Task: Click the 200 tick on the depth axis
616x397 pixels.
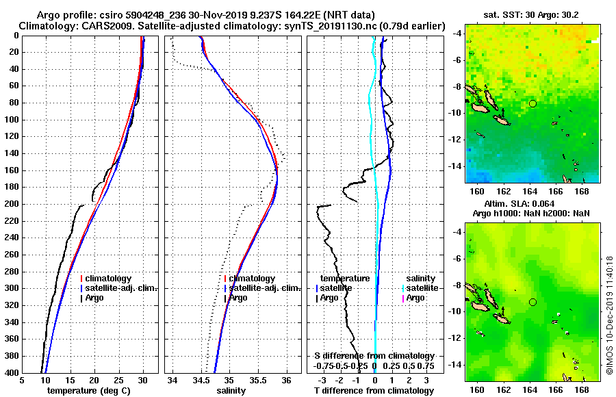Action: (x=13, y=204)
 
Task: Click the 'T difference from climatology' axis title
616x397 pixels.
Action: (x=374, y=391)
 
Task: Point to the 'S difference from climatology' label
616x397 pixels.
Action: (x=374, y=356)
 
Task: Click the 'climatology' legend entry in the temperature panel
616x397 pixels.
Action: (x=109, y=279)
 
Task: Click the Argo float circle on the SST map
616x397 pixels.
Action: (x=532, y=103)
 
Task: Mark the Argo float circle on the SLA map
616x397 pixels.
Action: (x=532, y=302)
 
